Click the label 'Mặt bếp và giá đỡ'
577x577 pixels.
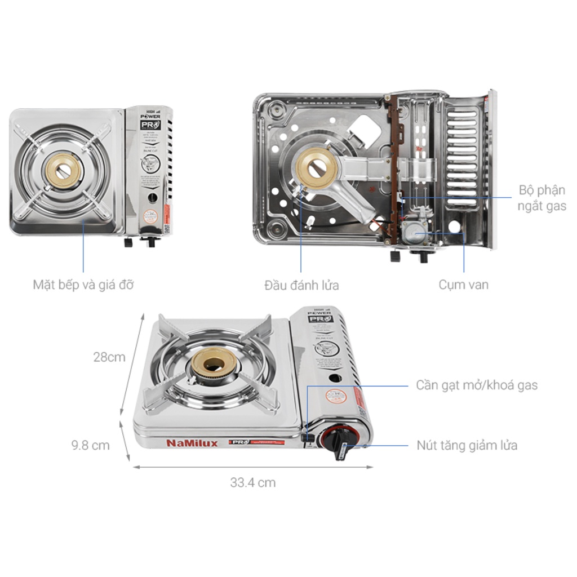coord(83,285)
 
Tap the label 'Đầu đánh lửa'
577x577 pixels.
coord(301,285)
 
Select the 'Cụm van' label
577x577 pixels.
coord(463,285)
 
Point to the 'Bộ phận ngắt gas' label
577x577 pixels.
coord(541,198)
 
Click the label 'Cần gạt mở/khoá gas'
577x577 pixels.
coord(477,385)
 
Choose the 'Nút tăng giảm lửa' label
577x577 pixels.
coord(467,445)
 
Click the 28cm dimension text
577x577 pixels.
coord(109,357)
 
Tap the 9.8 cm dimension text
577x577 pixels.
coord(90,445)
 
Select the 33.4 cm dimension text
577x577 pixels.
coord(252,482)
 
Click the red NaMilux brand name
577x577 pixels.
coord(192,443)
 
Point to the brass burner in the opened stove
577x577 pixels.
coord(317,167)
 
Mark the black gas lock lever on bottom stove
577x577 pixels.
coord(307,437)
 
